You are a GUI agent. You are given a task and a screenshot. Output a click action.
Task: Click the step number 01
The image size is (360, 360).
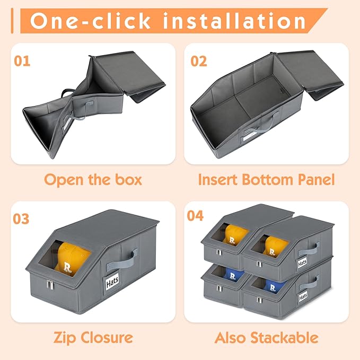tap(22, 61)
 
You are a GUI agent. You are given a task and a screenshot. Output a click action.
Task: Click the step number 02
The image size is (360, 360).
tap(199, 61)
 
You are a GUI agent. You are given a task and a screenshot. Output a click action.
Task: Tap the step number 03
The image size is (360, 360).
tap(21, 219)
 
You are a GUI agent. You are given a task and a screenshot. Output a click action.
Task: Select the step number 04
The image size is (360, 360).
tap(196, 216)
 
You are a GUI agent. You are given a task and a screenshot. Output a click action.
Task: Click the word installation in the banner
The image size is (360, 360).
tap(234, 21)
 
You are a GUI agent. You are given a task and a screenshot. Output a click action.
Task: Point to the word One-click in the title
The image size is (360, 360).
tap(90, 21)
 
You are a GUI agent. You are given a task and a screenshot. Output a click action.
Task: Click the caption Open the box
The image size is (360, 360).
tap(93, 180)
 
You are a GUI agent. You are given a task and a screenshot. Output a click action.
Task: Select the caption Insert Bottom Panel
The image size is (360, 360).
tap(266, 180)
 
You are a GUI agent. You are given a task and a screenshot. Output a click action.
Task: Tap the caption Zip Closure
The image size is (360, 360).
tap(93, 338)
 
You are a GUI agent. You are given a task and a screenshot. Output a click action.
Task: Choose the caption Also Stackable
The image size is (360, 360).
tap(267, 338)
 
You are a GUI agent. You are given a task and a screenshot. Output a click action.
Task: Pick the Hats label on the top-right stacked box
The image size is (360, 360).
tap(302, 262)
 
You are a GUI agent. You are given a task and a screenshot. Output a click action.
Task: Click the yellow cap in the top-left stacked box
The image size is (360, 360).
tap(235, 234)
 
